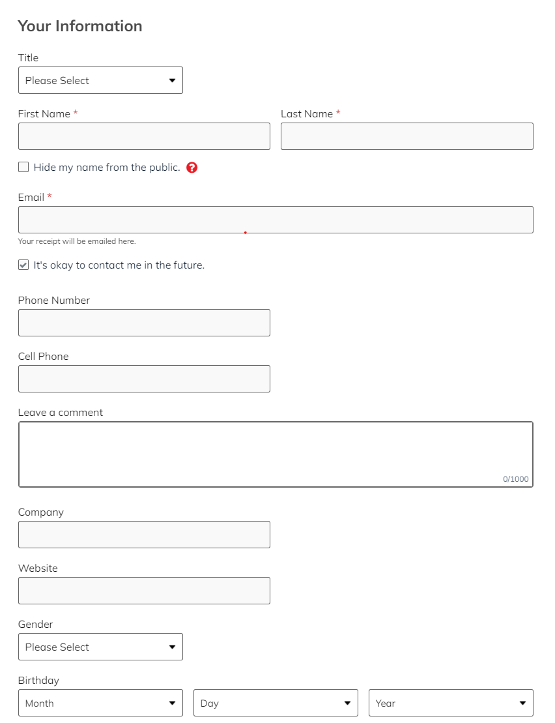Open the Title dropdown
point(100,80)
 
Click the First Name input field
point(144,136)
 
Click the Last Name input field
point(406,136)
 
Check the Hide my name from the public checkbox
point(23,168)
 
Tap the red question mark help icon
point(192,168)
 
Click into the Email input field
point(276,220)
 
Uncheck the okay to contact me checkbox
point(23,265)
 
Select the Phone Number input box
point(144,323)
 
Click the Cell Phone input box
point(144,379)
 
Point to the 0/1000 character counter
point(515,479)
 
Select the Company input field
point(144,535)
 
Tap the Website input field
point(144,591)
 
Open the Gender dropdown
point(100,647)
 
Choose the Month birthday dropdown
point(100,703)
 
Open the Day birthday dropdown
point(276,703)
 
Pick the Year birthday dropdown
point(451,703)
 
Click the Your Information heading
point(80,26)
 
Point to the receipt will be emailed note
point(77,241)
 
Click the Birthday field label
point(38,681)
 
